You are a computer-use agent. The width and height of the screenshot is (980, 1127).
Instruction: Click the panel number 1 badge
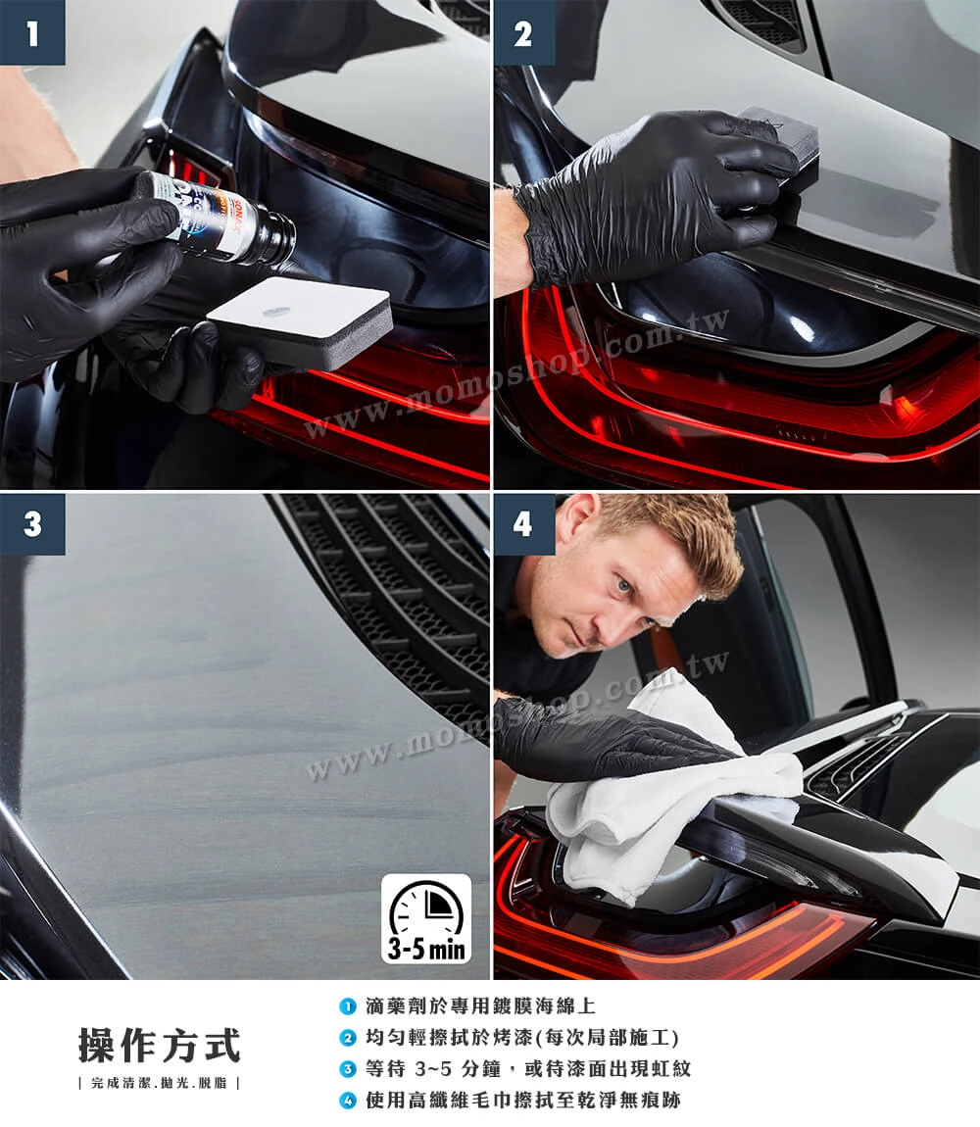point(32,32)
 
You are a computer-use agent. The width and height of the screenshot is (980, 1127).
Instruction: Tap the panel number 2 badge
point(523,32)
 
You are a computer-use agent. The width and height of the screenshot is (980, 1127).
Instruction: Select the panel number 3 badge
point(32,524)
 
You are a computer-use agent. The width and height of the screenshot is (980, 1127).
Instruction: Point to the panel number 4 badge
point(523,524)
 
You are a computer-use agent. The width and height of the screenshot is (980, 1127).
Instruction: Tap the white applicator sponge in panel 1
point(300,320)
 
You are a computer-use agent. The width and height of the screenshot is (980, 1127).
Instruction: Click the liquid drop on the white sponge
point(276,312)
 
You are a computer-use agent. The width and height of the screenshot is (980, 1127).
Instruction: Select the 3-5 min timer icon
point(426,918)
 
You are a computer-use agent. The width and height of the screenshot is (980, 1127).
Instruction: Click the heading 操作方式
point(159,1045)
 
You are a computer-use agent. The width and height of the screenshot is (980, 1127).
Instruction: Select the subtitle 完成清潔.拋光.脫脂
point(159,1083)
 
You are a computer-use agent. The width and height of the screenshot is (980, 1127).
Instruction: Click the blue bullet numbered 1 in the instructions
point(348,1006)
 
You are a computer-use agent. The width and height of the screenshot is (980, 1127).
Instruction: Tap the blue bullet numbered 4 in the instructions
point(348,1101)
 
